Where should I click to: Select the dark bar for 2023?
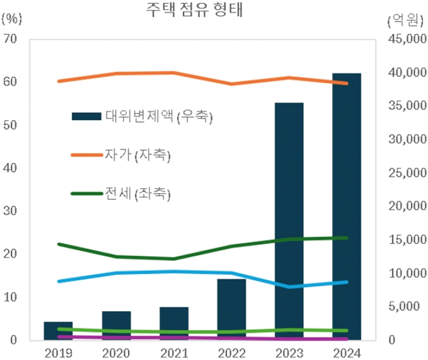pos(289,222)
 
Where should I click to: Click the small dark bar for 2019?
pos(58,331)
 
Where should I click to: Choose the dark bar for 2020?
pos(116,326)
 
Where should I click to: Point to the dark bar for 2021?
pos(174,323)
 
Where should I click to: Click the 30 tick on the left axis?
pos(11,211)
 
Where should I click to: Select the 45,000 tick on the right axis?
pos(403,39)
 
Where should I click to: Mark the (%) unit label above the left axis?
pos(12,19)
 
